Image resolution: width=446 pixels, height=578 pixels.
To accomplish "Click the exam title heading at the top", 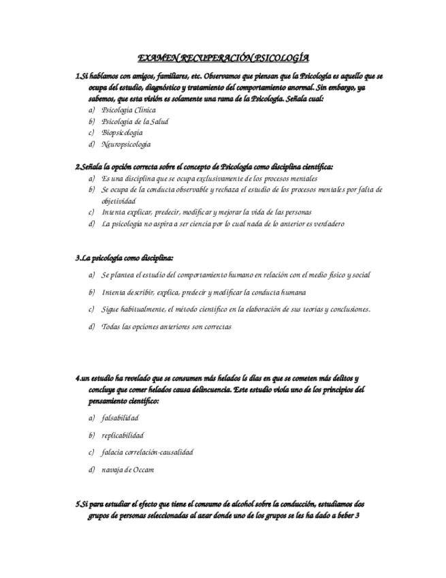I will [223, 59].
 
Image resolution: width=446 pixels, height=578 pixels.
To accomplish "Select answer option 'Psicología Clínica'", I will [128, 110].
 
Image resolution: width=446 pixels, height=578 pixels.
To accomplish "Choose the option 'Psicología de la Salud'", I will [134, 121].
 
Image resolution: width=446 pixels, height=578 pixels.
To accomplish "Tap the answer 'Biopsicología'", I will [122, 133].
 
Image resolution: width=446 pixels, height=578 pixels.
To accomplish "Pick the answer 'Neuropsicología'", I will [126, 144].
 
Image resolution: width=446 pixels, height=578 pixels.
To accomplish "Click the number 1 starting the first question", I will [77, 76].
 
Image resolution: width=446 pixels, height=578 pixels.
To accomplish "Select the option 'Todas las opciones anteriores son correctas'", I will [166, 326].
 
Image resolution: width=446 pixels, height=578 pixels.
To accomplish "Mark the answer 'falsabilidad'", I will [120, 418].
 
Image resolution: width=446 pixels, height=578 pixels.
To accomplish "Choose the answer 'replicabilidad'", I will [123, 435].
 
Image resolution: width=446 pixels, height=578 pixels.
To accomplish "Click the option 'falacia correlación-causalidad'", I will [147, 452].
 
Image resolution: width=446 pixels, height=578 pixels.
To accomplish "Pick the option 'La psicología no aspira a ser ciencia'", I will [222, 224].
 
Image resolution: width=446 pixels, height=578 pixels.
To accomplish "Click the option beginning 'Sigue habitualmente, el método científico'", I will [236, 309].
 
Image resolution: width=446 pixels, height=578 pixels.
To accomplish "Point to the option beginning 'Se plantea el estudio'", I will [236, 275].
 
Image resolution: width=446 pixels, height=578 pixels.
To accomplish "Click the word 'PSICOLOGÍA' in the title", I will [278, 59].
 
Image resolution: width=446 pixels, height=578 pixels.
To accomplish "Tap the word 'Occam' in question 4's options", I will [144, 470].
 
